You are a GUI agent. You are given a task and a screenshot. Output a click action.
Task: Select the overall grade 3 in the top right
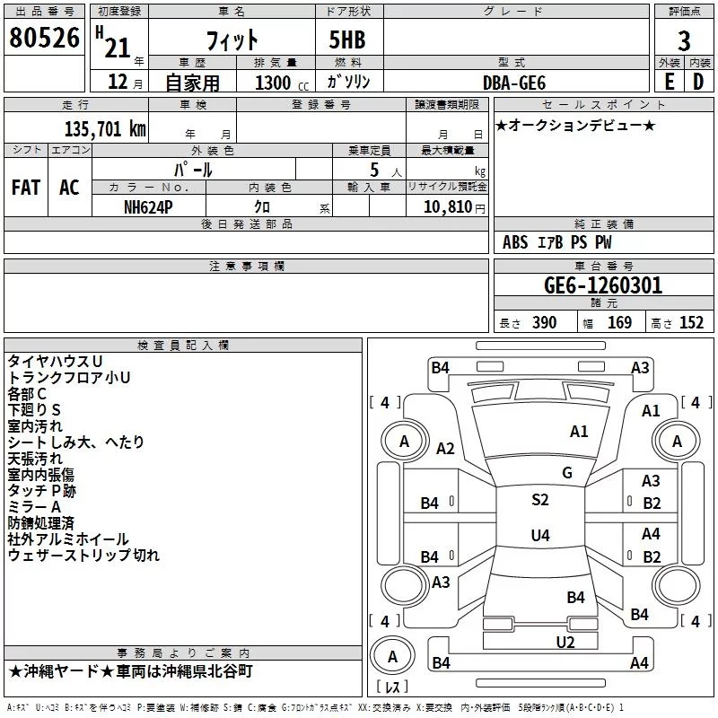click(x=684, y=40)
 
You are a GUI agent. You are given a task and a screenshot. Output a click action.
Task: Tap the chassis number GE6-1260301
click(x=603, y=286)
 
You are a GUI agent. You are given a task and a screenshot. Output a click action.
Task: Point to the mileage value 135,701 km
click(x=104, y=129)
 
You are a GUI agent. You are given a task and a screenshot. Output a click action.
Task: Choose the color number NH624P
click(x=149, y=206)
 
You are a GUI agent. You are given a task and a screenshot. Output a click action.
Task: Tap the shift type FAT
click(x=26, y=188)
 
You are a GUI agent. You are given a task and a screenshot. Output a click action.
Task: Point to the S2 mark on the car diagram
click(x=539, y=500)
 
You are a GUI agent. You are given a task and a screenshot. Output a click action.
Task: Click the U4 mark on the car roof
click(x=539, y=536)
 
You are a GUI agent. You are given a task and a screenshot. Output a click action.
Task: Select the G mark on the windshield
click(x=567, y=473)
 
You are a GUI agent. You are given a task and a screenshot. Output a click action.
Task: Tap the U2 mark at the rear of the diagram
click(x=565, y=642)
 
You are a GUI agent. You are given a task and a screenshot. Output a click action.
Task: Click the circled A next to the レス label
click(x=391, y=657)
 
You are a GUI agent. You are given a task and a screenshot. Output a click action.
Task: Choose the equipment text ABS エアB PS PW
click(x=557, y=242)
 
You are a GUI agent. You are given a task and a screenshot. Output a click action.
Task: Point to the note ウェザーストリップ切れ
click(x=83, y=556)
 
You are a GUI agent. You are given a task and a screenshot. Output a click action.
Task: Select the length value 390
click(x=543, y=323)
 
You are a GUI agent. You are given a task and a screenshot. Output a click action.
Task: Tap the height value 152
click(x=691, y=323)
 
